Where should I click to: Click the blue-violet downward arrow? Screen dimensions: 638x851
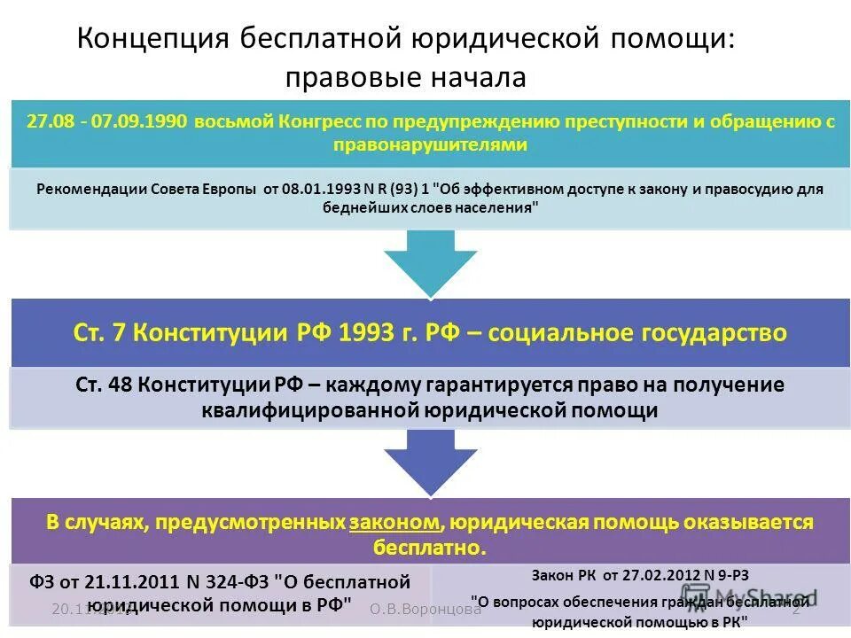(x=429, y=463)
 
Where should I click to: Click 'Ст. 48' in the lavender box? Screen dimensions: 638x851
(x=105, y=385)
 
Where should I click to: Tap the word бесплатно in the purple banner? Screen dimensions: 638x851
(x=429, y=546)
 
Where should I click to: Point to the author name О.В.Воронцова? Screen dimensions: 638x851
(x=425, y=609)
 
